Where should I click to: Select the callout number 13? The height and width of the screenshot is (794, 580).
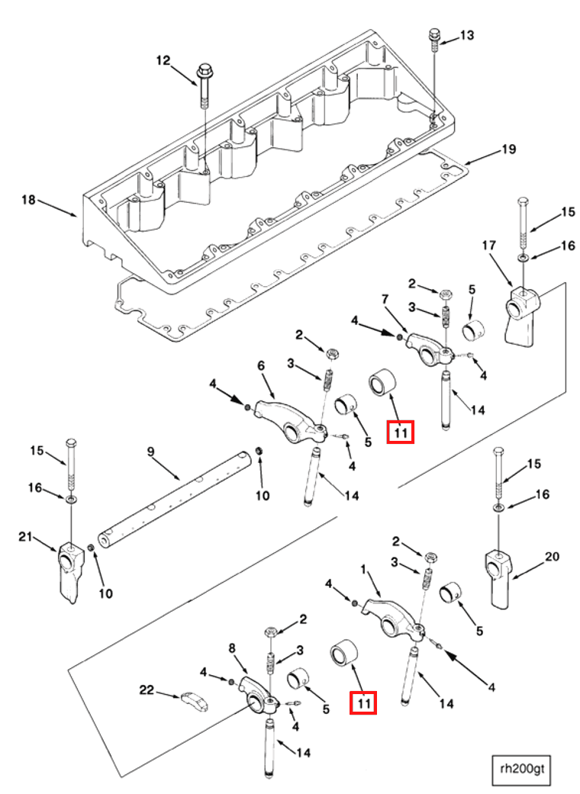(466, 35)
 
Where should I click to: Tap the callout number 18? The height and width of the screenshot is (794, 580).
(28, 200)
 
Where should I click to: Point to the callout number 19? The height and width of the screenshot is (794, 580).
(508, 149)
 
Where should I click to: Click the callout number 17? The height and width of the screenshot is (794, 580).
(488, 246)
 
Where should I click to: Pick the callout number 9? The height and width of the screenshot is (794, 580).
(151, 452)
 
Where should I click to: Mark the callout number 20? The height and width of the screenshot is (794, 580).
(551, 557)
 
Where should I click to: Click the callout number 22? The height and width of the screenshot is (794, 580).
(147, 690)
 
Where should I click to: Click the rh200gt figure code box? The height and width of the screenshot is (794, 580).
(521, 767)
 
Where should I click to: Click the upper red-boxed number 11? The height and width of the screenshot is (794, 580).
(401, 432)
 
